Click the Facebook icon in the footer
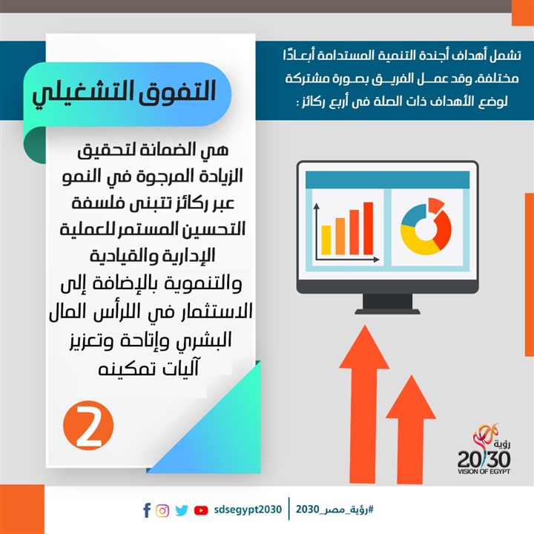(x=147, y=510)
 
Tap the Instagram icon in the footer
(x=162, y=510)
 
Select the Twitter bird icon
(x=182, y=510)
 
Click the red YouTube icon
(x=201, y=510)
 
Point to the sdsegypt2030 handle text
(x=248, y=510)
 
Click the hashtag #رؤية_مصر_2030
(x=334, y=510)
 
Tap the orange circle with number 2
(x=88, y=426)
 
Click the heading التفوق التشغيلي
(x=125, y=92)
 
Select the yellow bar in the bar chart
(x=326, y=240)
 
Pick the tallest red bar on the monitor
(x=368, y=228)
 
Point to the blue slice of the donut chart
(x=413, y=215)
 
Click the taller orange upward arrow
(x=364, y=404)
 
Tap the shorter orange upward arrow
(x=411, y=429)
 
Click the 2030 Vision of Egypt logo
(x=484, y=449)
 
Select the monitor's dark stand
(x=388, y=304)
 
